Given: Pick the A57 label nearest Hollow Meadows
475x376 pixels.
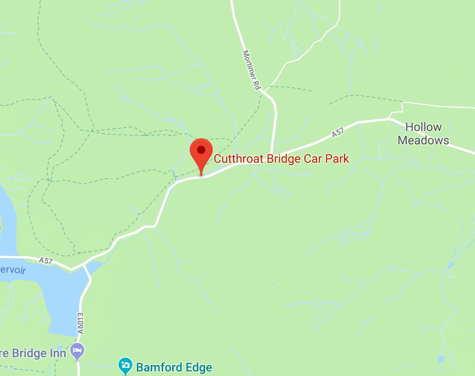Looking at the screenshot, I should click(337, 133).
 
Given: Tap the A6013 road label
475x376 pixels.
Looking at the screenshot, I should click(81, 325).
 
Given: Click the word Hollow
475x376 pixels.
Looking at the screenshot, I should click(423, 127).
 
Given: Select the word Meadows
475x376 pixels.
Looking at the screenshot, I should click(423, 140).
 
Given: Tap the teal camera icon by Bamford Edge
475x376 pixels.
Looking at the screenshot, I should click(125, 366).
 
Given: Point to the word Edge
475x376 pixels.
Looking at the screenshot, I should click(198, 367).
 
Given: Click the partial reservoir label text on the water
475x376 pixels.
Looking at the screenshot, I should click(12, 270).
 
